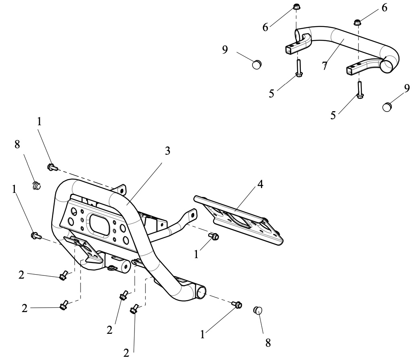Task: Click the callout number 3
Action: pos(168,151)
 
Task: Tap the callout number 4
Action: pos(260,184)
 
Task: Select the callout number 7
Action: pos(325,66)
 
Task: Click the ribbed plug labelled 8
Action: pos(36,186)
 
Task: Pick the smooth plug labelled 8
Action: pos(258,310)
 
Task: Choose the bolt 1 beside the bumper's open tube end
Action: pos(237,304)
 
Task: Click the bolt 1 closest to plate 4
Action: pos(213,236)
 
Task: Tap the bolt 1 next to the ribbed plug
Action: pos(52,167)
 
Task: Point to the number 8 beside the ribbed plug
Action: pos(17,145)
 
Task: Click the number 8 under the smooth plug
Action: pos(268,343)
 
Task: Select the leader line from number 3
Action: pos(144,183)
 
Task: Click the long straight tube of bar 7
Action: pos(359,39)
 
